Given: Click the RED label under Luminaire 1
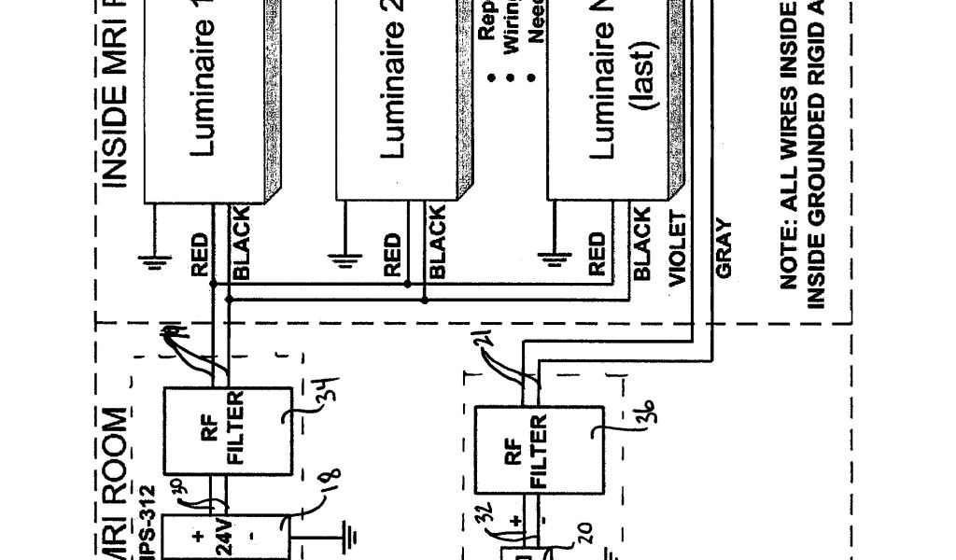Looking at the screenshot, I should coord(199,255).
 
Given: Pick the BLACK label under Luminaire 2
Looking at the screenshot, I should coord(436,241).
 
